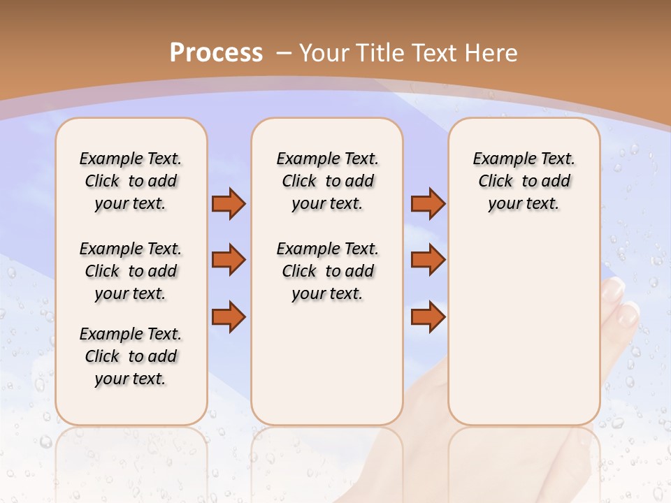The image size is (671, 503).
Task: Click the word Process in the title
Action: pyautogui.click(x=216, y=52)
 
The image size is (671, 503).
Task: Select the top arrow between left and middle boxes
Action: pyautogui.click(x=229, y=203)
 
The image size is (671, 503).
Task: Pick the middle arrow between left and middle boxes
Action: pyautogui.click(x=229, y=260)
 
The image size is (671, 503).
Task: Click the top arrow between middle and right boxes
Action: pyautogui.click(x=428, y=203)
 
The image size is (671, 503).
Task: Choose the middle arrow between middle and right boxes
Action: pyautogui.click(x=428, y=260)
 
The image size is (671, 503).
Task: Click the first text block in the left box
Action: pyautogui.click(x=131, y=181)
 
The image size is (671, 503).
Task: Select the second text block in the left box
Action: pyautogui.click(x=131, y=271)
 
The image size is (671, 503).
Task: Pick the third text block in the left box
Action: pyautogui.click(x=131, y=356)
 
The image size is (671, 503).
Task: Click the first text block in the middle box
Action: pyautogui.click(x=327, y=181)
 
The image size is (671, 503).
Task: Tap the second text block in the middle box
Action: pyautogui.click(x=327, y=271)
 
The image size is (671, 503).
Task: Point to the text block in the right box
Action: pyautogui.click(x=524, y=181)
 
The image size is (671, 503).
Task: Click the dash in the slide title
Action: pyautogui.click(x=284, y=52)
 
